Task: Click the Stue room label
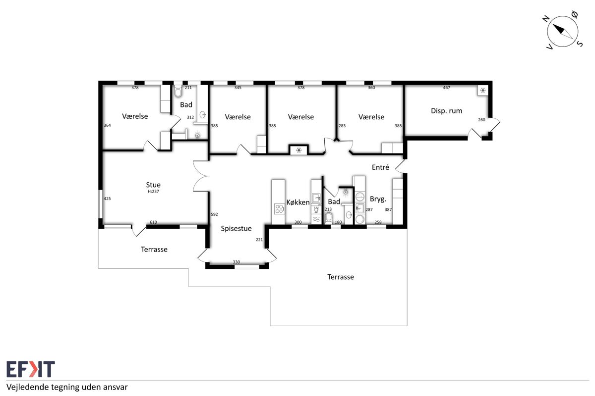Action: (x=153, y=185)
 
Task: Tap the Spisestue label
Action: (x=236, y=229)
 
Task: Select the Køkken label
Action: (x=298, y=202)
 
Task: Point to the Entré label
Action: (x=380, y=167)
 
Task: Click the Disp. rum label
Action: (x=446, y=111)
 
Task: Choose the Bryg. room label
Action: (x=378, y=199)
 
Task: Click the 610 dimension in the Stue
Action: (x=153, y=222)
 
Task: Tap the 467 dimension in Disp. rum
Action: (x=447, y=88)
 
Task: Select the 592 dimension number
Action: (x=214, y=214)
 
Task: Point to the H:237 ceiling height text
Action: (x=153, y=192)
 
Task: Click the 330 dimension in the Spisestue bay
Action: (x=237, y=262)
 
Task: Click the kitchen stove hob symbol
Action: (x=279, y=209)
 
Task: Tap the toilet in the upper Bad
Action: (x=178, y=91)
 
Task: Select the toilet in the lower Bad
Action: (x=329, y=218)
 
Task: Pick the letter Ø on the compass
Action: (x=574, y=14)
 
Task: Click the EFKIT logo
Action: (x=31, y=369)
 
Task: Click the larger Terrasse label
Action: (x=341, y=277)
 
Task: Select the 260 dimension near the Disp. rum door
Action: (x=481, y=120)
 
